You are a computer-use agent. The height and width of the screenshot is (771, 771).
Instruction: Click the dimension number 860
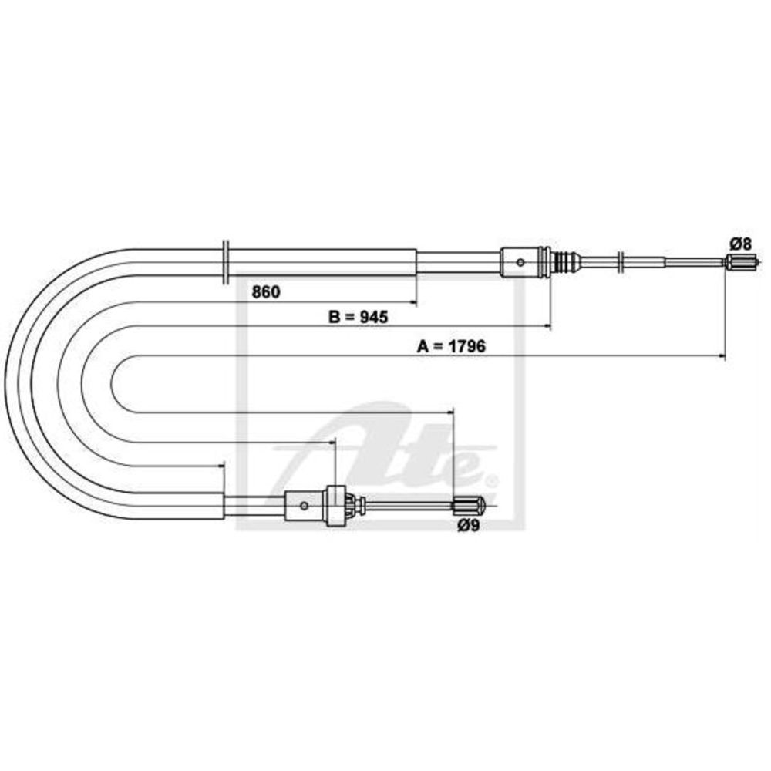coord(265,292)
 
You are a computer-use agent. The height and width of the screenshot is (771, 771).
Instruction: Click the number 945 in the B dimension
coord(373,317)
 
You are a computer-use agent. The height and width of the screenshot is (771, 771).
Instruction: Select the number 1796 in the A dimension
coord(466,346)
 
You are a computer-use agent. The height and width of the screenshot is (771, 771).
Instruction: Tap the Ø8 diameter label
coord(741,244)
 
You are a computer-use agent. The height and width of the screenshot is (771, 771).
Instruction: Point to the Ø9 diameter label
coord(468,526)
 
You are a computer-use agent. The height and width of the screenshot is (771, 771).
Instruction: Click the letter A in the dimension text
coord(423,346)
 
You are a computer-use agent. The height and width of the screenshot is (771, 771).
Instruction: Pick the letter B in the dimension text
coord(335,317)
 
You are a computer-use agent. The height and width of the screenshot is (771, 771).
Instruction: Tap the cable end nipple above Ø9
coord(467,505)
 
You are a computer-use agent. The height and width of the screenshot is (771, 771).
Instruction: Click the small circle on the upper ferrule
coord(520,263)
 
